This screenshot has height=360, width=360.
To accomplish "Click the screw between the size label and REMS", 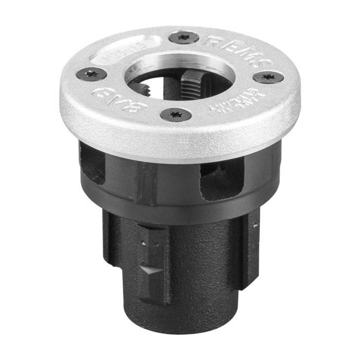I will [184, 38].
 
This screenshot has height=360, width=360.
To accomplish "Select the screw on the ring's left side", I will [92, 75].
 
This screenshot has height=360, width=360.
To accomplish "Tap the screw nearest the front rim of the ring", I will [176, 114].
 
